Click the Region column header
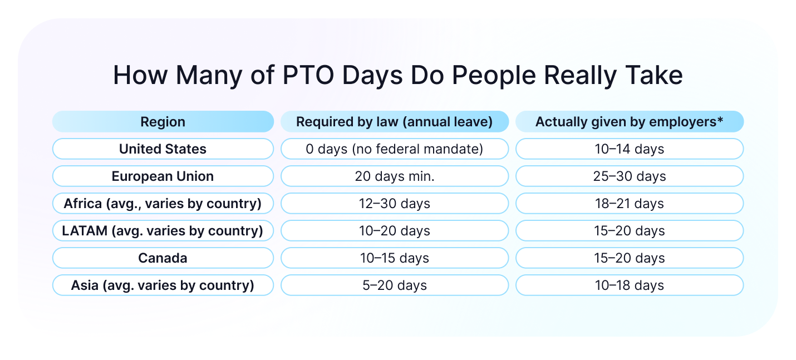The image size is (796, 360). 163,122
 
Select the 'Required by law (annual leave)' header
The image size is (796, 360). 394,122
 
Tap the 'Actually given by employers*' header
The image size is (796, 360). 629,122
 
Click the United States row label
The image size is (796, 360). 163,149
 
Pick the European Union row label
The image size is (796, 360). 163,176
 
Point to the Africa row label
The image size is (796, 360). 163,204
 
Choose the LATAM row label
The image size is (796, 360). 163,231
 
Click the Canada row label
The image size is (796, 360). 163,258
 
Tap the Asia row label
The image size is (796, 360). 163,285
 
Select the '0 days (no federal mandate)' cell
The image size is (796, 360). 394,149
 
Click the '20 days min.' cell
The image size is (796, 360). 394,176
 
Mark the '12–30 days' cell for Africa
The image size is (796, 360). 394,204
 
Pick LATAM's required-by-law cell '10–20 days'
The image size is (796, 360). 394,231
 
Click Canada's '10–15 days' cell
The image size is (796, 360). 394,258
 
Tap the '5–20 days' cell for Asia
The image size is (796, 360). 394,285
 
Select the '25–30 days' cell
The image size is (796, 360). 629,176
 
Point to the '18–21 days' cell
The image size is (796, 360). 629,204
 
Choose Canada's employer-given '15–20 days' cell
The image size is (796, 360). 629,258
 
